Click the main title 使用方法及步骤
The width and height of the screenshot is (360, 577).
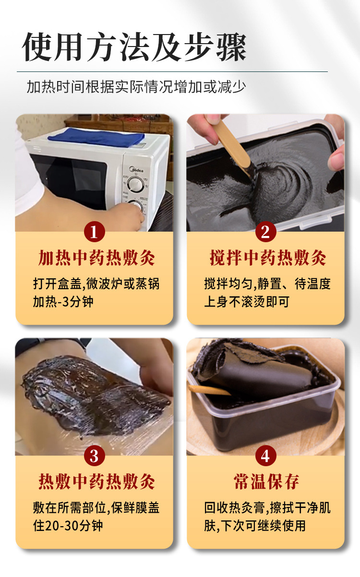click(134, 47)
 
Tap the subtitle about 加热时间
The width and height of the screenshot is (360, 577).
click(136, 87)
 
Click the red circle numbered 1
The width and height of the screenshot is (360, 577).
click(94, 232)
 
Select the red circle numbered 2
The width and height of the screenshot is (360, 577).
click(266, 232)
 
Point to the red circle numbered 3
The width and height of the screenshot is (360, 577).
click(94, 456)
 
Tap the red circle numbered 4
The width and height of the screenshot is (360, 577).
click(266, 456)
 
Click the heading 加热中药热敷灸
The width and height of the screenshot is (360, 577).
click(96, 258)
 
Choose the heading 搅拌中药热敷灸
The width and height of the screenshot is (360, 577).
click(268, 258)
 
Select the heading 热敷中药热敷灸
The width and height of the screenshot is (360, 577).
click(96, 482)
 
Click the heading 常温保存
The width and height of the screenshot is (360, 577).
click(266, 482)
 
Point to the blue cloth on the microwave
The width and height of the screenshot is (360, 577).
click(96, 137)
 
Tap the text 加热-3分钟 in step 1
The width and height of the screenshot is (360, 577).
click(63, 302)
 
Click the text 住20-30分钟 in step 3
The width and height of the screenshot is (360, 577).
click(68, 526)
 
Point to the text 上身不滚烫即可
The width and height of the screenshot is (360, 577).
click(247, 302)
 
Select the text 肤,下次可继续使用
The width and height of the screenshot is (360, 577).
click(255, 526)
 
